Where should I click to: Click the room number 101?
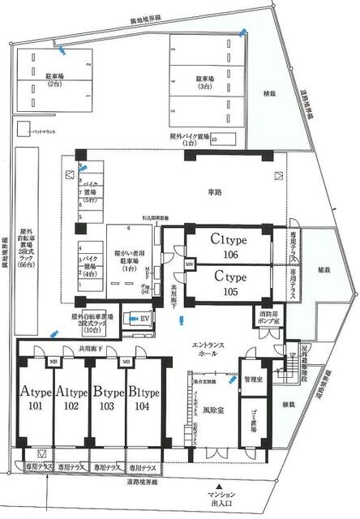point(35,406)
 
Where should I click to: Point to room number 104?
point(144,406)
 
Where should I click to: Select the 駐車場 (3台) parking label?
point(206,82)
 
